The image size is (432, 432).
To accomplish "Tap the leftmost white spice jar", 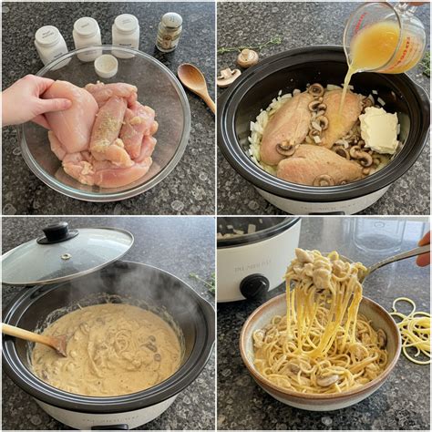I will coord(50,44).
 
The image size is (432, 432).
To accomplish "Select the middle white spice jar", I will coord(87,37).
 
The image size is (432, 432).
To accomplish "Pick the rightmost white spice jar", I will coord(126,34).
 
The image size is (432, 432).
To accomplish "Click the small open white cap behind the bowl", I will coord(107,65).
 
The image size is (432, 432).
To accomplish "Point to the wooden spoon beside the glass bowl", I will coord(196,84).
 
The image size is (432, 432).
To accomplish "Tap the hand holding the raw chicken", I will coord(27,99).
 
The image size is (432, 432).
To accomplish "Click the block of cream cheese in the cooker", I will coord(378,129).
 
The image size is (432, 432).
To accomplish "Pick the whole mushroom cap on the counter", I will coord(247,57).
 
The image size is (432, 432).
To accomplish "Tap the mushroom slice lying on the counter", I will coord(229,77).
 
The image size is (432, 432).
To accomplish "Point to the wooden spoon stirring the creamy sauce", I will coord(33,337).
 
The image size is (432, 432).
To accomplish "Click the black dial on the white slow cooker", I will coord(254,285).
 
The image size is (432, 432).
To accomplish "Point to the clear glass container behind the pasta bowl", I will coord(378,237).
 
